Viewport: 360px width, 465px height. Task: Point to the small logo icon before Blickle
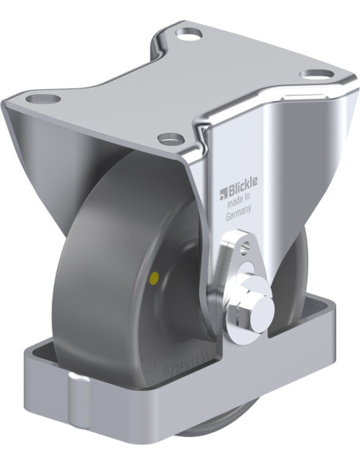pos(222,191)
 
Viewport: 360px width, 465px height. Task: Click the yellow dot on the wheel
pos(153,279)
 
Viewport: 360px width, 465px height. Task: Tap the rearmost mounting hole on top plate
pos(188,35)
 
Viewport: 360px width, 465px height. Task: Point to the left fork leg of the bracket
pos(32,151)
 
